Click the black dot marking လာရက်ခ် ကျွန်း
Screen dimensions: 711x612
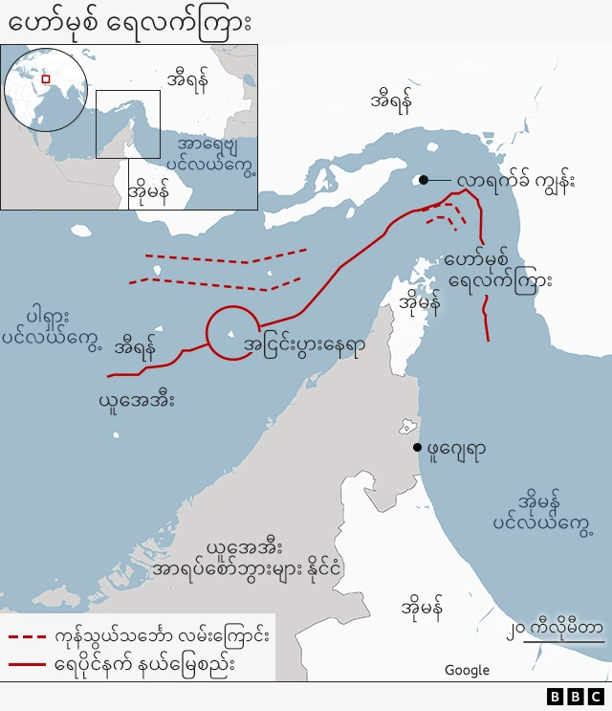click(x=423, y=179)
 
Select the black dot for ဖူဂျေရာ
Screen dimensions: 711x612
click(x=417, y=447)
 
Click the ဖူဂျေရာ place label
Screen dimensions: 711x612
click(x=455, y=449)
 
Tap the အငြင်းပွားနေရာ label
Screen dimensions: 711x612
click(x=304, y=344)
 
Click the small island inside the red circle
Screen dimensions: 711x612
click(x=230, y=334)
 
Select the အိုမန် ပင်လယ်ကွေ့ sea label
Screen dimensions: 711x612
click(x=542, y=511)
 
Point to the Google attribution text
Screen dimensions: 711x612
click(x=467, y=670)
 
